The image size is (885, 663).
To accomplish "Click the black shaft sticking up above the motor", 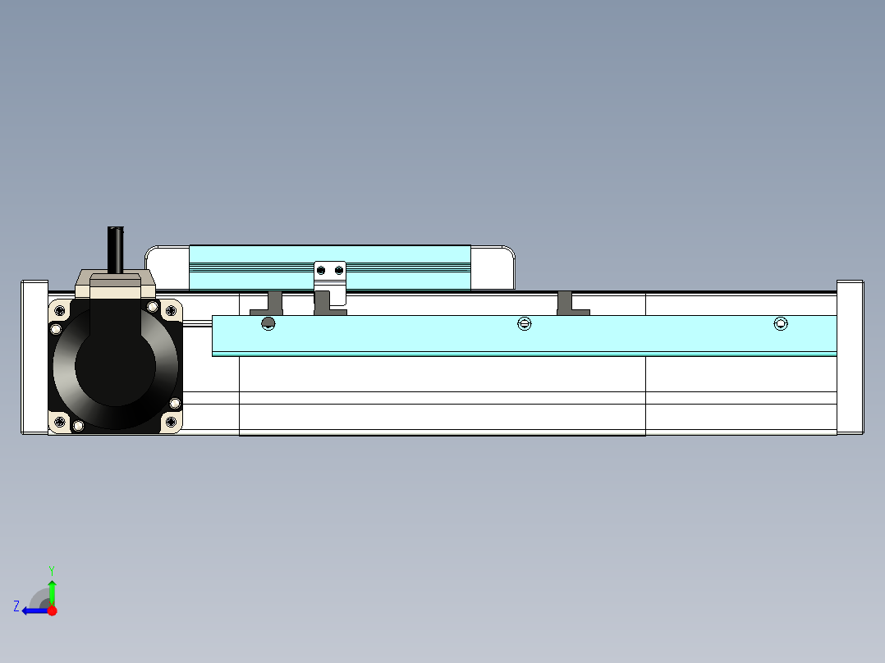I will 115,249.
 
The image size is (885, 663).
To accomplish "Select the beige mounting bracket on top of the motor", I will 115,284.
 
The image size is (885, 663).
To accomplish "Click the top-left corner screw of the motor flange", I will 60,310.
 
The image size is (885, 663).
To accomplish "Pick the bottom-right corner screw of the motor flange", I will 170,422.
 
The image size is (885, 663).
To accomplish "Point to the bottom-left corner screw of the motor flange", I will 60,422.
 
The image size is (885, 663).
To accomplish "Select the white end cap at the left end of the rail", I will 34,357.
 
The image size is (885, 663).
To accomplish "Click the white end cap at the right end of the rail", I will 850,357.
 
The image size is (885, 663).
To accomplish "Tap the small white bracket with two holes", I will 331,274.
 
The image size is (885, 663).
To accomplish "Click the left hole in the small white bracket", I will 323,270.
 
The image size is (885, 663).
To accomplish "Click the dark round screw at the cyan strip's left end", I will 268,324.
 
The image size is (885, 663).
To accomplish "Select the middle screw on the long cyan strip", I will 525,324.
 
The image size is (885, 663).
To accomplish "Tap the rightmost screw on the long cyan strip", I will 781,324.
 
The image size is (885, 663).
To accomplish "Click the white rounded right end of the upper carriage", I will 493,267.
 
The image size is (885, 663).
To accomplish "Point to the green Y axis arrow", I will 52,591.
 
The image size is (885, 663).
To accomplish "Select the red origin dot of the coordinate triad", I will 52,610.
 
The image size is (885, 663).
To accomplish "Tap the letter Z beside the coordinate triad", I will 16,606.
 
